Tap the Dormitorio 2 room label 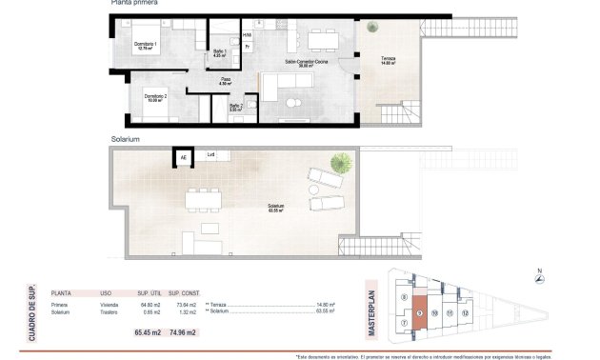pos(157,96)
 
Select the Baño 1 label pos(219,53)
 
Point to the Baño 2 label pos(236,108)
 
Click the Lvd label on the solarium pos(211,155)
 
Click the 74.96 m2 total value pos(185,332)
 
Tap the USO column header pos(106,294)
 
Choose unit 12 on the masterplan pos(466,312)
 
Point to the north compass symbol pos(541,273)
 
